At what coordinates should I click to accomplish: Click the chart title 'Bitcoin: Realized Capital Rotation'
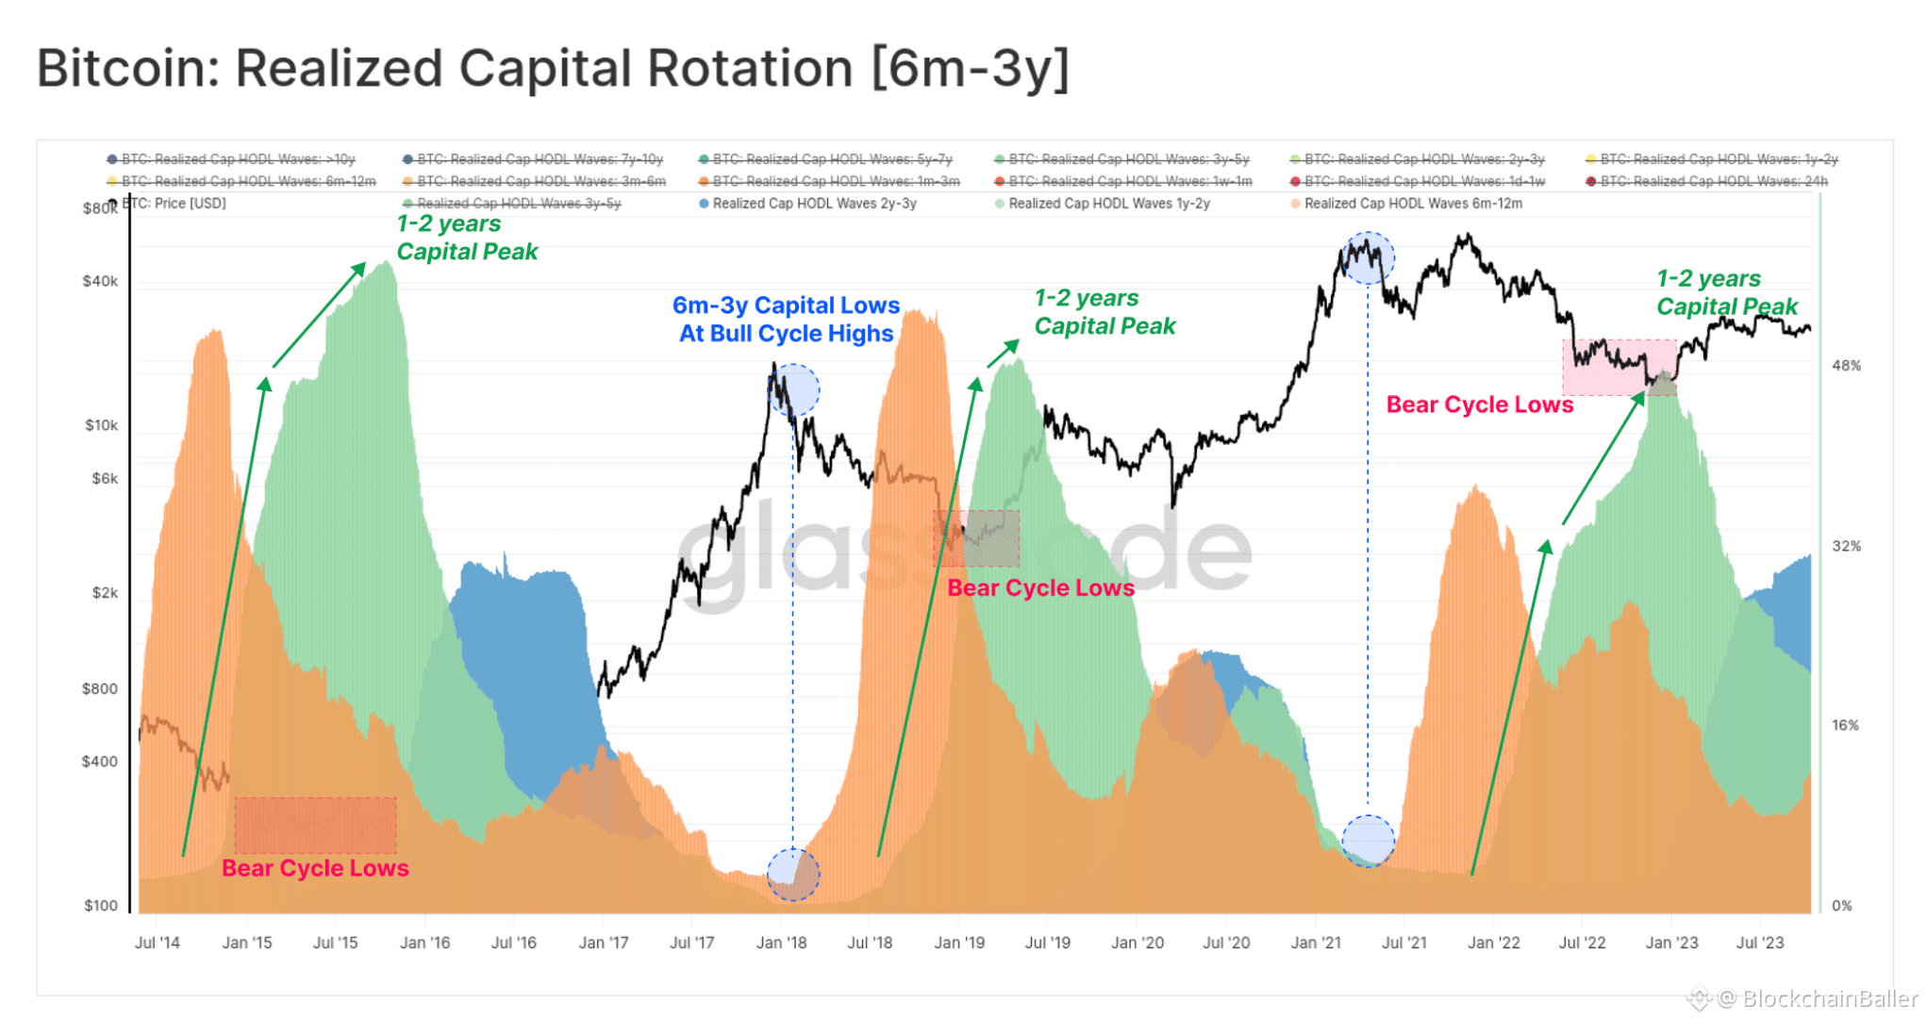point(553,68)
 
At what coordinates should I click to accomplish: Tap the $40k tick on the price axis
point(100,281)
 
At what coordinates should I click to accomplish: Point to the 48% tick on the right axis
point(1846,366)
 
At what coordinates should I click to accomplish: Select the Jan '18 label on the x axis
point(781,942)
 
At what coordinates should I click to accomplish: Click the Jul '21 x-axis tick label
point(1403,942)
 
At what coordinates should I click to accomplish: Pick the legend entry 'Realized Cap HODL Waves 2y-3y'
point(813,204)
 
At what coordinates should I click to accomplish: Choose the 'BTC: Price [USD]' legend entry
point(174,204)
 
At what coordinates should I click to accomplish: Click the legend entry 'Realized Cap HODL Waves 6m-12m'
point(1412,204)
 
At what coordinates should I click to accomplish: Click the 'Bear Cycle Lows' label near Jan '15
point(315,868)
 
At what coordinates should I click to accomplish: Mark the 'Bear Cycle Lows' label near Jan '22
point(1479,404)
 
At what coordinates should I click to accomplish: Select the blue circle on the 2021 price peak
point(1368,257)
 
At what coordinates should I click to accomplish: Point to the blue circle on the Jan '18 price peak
point(793,389)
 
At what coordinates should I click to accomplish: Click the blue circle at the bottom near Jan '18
point(793,874)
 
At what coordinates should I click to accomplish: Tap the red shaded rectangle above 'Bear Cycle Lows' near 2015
point(315,825)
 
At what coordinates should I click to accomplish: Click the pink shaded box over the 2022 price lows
point(1619,367)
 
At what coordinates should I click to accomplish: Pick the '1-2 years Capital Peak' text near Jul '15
point(467,238)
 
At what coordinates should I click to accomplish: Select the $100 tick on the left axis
point(101,906)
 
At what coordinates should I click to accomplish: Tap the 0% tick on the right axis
point(1842,906)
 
